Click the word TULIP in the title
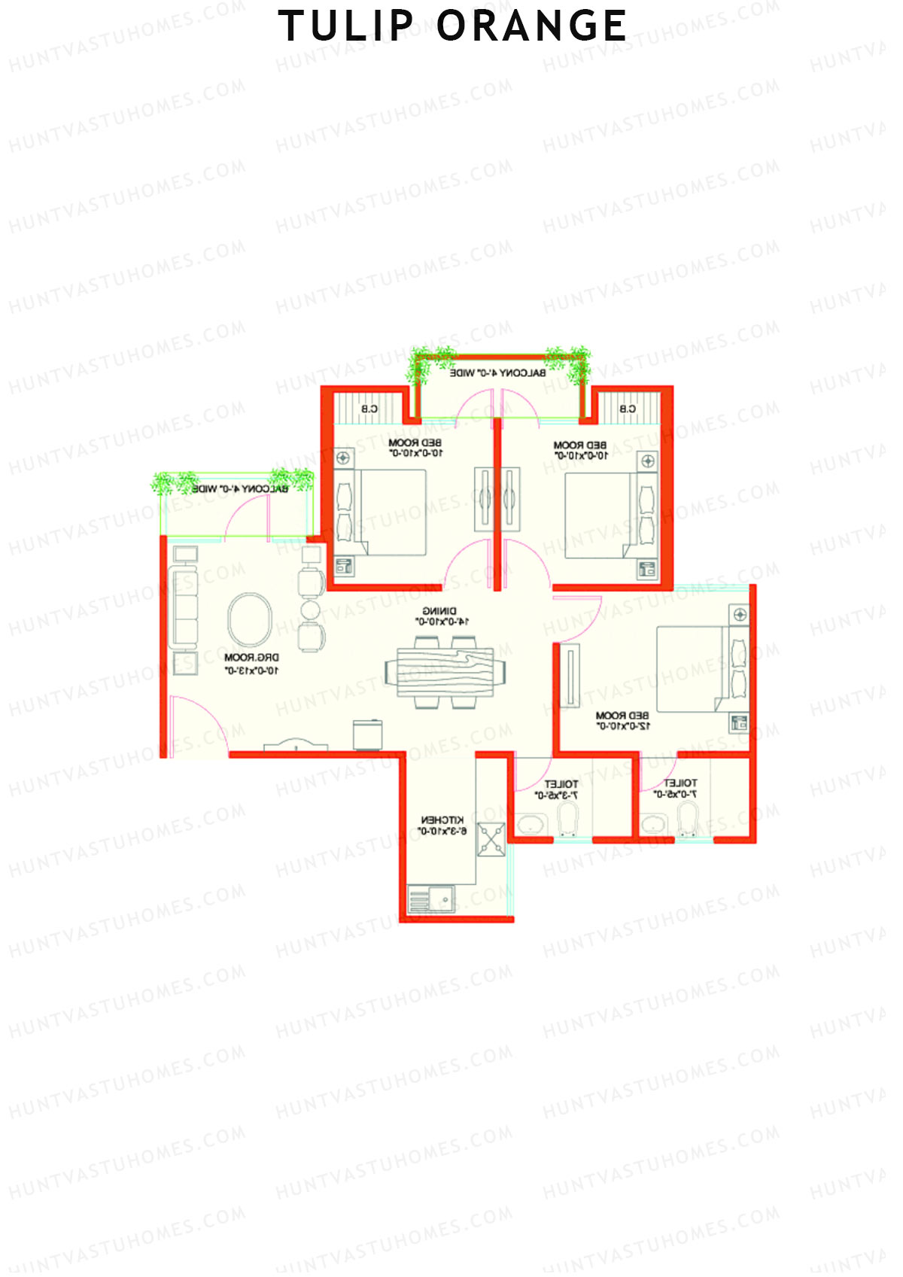(345, 26)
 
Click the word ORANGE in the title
(531, 26)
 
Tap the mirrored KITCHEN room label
(442, 825)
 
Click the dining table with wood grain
(445, 672)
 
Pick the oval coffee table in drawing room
(250, 619)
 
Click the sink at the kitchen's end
(431, 899)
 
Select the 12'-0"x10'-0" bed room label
(622, 720)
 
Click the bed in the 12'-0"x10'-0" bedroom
(692, 669)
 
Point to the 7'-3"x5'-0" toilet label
(558, 789)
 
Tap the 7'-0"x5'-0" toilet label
(676, 789)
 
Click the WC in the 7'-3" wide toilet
(567, 819)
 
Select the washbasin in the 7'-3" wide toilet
(531, 824)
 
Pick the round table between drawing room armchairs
(311, 609)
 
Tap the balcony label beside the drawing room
(239, 489)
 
